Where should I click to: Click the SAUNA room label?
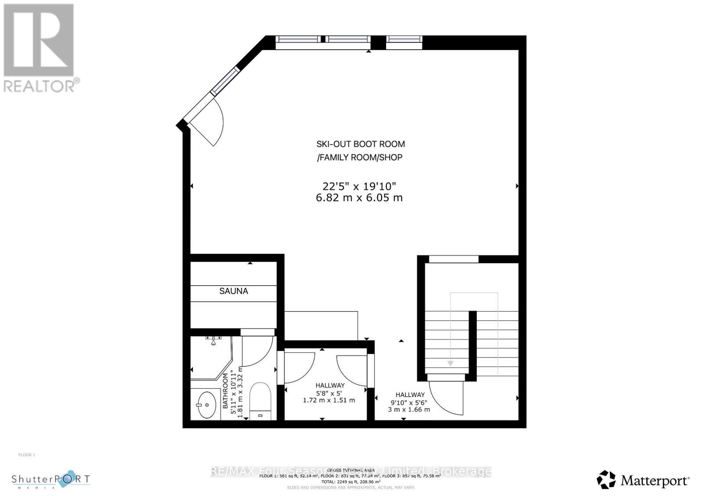point(233,291)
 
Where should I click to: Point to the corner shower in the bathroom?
point(210,358)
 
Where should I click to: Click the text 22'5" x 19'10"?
point(359,186)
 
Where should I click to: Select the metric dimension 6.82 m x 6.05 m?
point(359,198)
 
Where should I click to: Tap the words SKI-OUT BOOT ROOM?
point(361,144)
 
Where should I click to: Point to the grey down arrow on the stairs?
point(450,363)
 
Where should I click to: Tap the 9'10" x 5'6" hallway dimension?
point(409,402)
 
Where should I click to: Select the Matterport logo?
point(643,480)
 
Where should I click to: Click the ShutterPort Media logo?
point(50,480)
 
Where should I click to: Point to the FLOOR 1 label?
point(27,455)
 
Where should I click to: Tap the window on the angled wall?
point(225,81)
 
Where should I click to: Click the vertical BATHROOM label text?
point(226,391)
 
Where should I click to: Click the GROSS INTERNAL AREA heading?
point(351,470)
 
